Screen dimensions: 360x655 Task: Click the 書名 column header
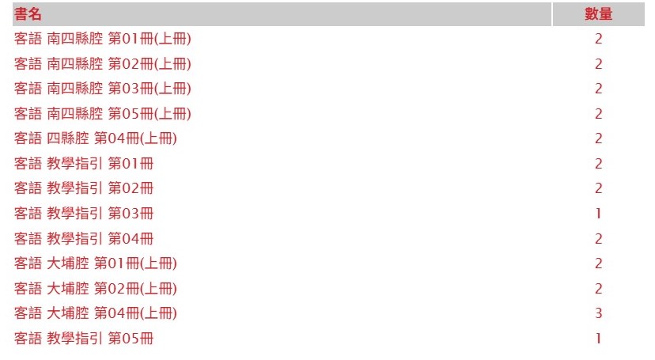point(28,14)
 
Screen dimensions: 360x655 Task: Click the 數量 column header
point(599,14)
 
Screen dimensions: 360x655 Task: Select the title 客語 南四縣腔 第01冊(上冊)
point(103,39)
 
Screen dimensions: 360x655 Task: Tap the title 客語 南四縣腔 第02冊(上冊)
point(103,64)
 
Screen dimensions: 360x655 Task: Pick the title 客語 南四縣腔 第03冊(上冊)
point(103,89)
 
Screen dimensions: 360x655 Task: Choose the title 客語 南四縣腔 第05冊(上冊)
point(103,114)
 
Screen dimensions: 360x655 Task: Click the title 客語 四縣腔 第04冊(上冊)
point(96,138)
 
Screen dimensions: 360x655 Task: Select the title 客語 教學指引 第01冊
point(84,164)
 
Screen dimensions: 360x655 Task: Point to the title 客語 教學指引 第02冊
point(84,188)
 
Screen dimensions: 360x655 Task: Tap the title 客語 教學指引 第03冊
point(84,214)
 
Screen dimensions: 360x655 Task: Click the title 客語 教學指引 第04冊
point(84,239)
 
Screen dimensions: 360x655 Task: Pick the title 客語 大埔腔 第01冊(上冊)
point(96,263)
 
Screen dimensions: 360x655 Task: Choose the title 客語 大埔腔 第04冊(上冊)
point(96,313)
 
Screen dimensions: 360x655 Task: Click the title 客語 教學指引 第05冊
point(84,339)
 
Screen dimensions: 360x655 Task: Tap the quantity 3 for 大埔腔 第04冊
point(599,313)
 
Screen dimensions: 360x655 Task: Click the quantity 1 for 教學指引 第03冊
point(599,214)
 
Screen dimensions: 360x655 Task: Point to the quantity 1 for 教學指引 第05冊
point(599,339)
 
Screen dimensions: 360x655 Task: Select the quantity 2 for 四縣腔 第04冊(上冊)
point(599,138)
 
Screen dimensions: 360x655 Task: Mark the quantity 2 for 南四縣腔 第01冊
point(599,39)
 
